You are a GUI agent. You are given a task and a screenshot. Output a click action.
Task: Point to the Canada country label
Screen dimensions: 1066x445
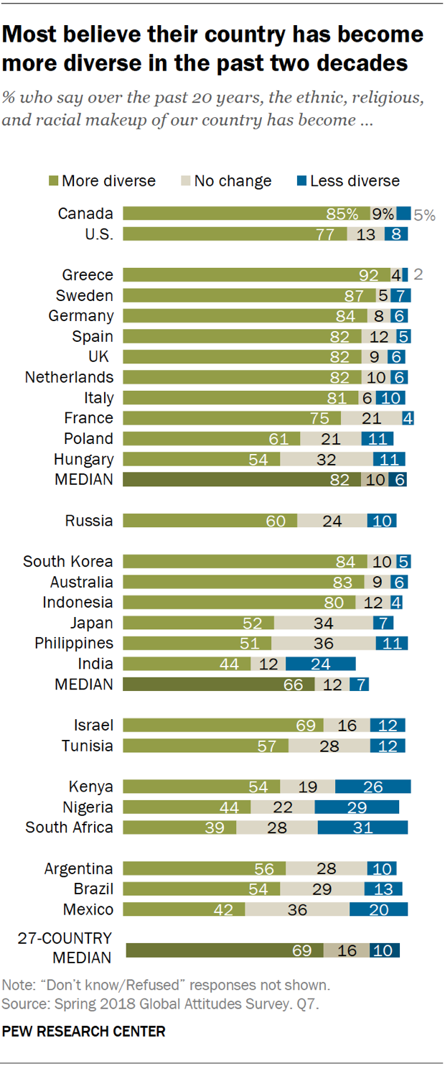[85, 213]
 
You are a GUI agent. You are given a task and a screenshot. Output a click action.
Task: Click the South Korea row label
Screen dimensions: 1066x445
[68, 561]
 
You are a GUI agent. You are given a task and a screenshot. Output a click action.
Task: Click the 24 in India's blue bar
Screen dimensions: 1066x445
[321, 664]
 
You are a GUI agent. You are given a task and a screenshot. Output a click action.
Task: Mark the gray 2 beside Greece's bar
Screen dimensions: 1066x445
[417, 275]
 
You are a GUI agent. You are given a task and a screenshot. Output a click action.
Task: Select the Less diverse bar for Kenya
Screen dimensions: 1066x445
[373, 787]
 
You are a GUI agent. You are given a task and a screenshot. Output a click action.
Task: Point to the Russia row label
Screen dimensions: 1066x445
[89, 521]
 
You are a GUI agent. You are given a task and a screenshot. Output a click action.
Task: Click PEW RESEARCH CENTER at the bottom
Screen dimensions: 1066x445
[84, 1032]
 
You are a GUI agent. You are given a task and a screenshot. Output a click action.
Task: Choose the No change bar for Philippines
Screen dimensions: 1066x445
[323, 643]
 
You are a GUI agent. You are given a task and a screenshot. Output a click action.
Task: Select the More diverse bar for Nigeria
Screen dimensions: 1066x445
[187, 807]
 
